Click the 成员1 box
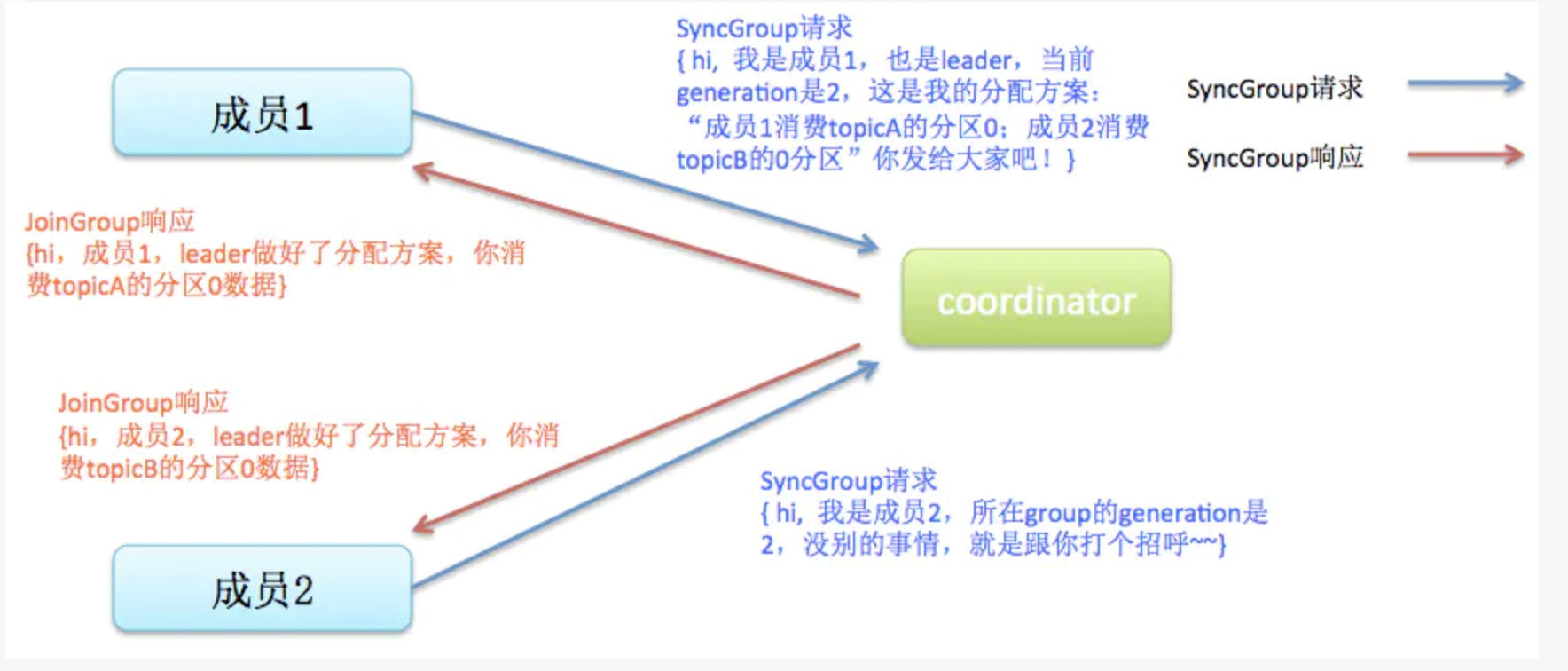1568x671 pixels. [x=263, y=114]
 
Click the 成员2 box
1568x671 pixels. [x=263, y=589]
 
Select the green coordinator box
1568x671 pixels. [x=1036, y=299]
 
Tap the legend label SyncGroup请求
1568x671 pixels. [x=1274, y=88]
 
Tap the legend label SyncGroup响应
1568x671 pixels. [x=1274, y=157]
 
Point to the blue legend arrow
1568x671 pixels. [x=1465, y=84]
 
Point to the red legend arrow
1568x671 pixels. [x=1465, y=155]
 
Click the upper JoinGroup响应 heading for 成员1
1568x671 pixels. [x=109, y=221]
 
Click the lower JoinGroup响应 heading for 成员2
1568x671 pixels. [x=143, y=403]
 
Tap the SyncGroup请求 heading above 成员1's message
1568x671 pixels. [x=764, y=28]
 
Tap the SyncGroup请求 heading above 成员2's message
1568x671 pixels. [x=848, y=481]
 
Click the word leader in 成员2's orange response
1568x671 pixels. [x=247, y=436]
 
